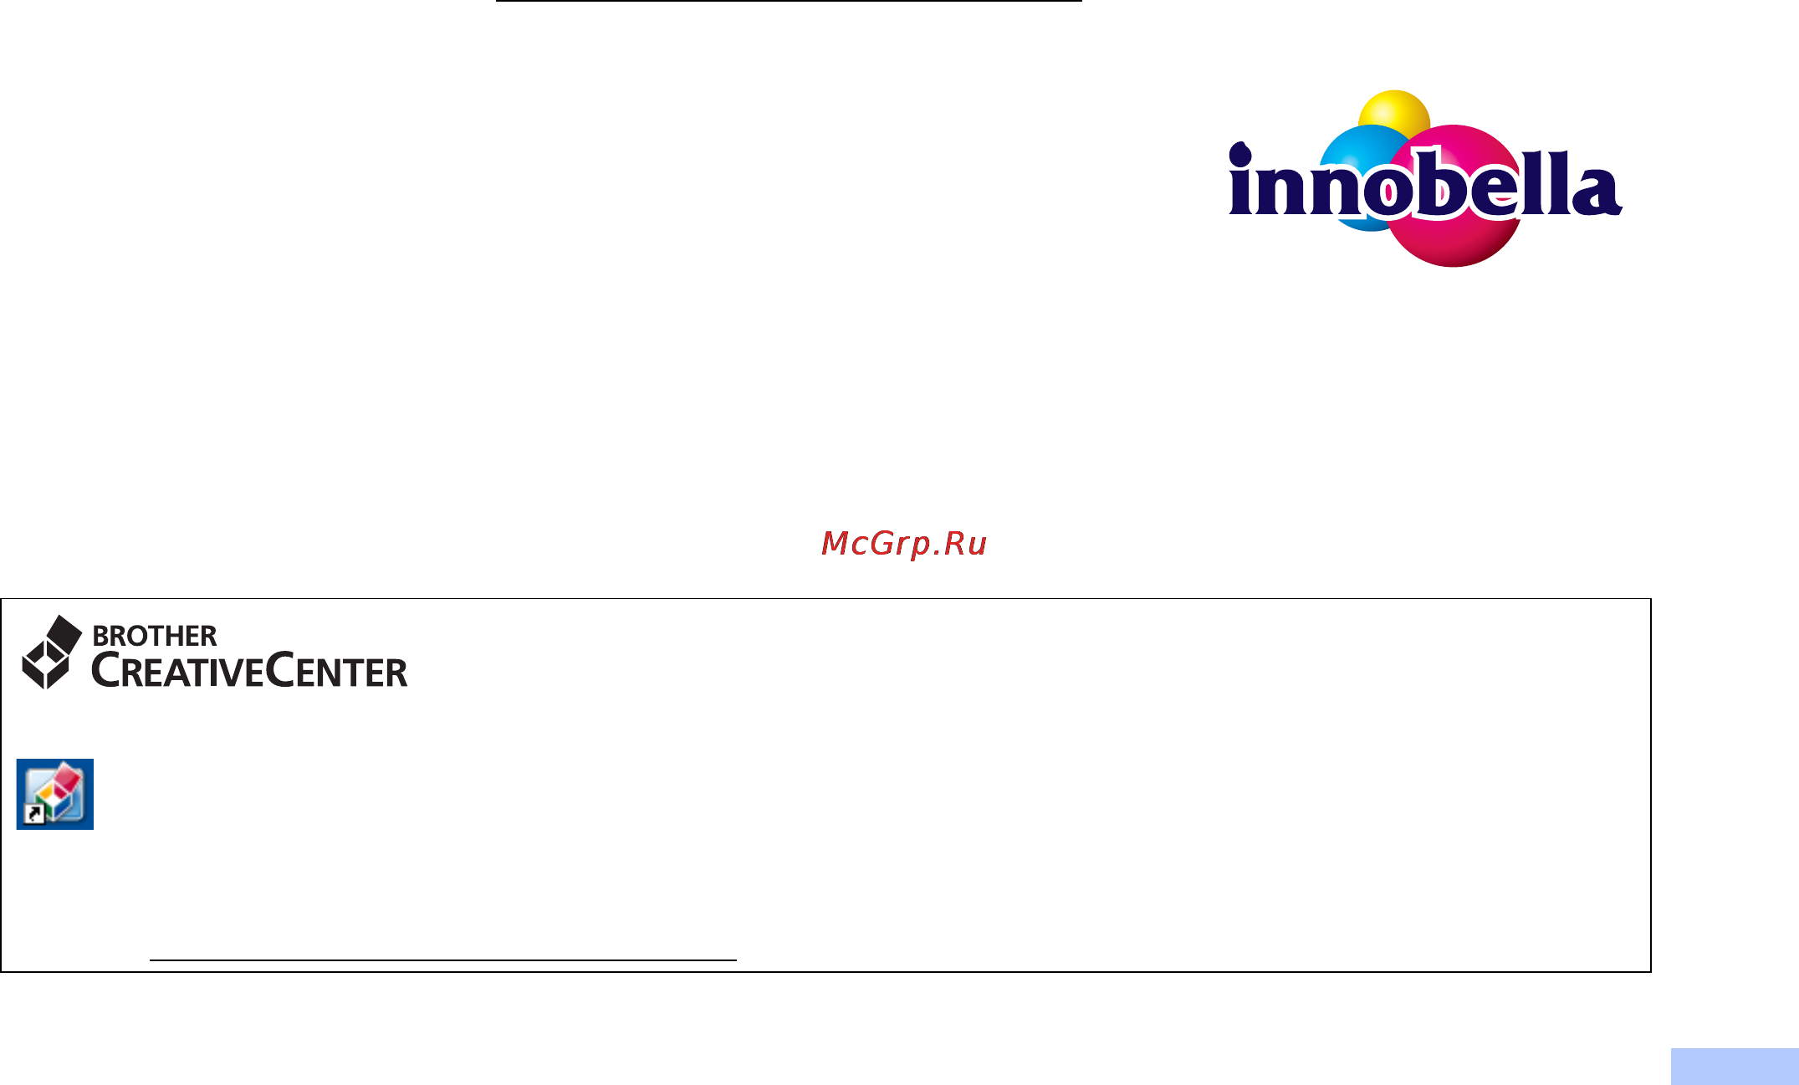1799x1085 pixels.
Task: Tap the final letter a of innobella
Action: click(1597, 192)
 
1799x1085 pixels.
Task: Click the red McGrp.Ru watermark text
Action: click(904, 544)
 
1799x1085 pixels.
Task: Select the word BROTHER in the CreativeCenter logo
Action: click(155, 636)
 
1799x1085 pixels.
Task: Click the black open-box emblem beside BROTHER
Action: click(51, 653)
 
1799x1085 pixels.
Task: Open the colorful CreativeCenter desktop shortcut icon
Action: click(55, 794)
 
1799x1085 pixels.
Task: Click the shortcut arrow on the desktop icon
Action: click(34, 815)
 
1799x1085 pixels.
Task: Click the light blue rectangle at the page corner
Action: click(1735, 1067)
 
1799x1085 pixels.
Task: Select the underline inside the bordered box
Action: click(443, 960)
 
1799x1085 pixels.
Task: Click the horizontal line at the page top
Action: click(789, 1)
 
